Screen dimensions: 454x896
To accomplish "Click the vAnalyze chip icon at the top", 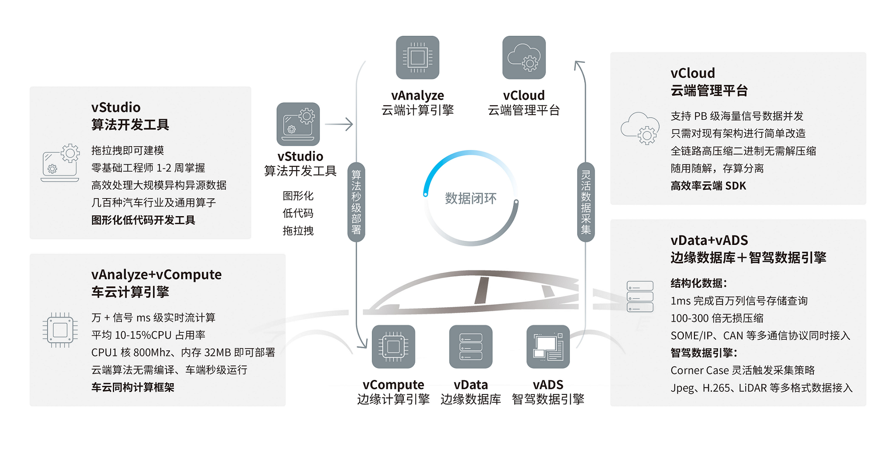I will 417,58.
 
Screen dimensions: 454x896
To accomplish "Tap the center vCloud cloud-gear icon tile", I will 524,58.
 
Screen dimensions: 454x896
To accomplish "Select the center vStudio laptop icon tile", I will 298,124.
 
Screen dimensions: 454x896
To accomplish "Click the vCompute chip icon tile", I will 393,346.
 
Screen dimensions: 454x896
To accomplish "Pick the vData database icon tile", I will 471,346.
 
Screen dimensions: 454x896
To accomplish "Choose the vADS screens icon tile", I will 548,346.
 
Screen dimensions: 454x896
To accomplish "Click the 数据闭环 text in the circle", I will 471,199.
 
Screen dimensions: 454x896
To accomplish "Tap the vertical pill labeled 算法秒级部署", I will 356,202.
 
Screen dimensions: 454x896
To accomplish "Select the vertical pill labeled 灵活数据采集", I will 586,202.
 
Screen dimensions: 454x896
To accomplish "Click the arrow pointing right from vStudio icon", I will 339,124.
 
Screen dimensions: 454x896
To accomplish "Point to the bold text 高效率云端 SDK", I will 708,186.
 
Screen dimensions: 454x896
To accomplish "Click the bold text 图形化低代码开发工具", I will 143,220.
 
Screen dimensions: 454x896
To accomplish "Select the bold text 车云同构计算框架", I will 132,387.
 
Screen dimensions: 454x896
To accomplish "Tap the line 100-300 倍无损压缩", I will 717,318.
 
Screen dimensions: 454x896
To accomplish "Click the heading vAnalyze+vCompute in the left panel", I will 156,275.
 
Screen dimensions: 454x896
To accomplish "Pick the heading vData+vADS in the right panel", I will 709,240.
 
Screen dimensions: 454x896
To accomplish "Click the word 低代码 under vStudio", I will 298,213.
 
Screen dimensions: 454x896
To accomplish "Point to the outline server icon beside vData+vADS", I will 640,297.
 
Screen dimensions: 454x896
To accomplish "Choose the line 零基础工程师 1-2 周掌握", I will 148,168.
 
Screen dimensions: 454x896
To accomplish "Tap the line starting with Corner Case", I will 743,370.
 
